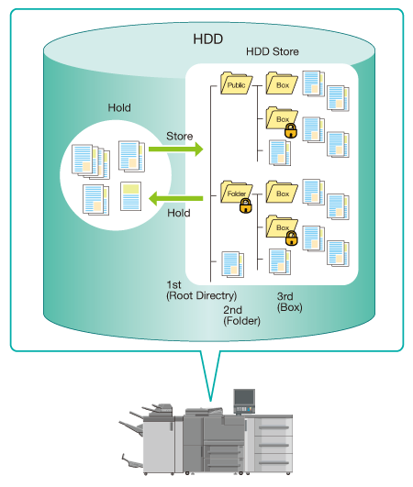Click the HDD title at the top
pos(208,39)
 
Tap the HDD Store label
pos(273,51)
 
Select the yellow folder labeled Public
pos(236,83)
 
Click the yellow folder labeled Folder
pos(236,192)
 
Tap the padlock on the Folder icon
pos(246,206)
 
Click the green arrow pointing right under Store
pos(176,149)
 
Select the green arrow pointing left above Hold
pos(176,198)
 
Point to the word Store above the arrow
pos(180,136)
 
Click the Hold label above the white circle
pos(119,108)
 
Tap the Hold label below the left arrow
pos(179,213)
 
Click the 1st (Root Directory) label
pos(201,291)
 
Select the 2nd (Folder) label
pos(241,315)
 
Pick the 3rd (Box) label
pos(290,302)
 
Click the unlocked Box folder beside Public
pos(282,83)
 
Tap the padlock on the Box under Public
pos(291,130)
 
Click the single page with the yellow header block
pos(131,196)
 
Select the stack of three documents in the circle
pos(91,161)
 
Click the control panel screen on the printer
pos(244,397)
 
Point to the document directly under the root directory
pos(232,264)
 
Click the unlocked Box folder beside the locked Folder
pos(282,192)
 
